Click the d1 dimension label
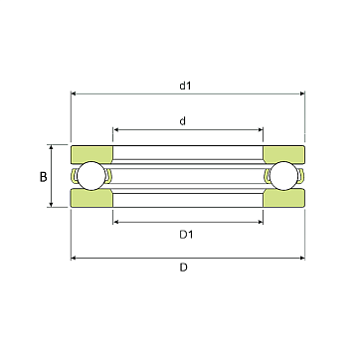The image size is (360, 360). pos(186,86)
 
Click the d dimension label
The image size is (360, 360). pos(183,121)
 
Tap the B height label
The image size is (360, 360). pos(44,177)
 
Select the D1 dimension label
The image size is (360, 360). pos(186,235)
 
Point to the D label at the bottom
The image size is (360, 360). pos(184,268)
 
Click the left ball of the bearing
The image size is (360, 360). pos(91,176)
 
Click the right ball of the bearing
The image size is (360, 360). pos(284,176)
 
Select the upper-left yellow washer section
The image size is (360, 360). pos(91,153)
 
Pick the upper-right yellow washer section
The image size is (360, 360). pos(284,153)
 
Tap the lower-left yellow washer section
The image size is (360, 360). pos(91,198)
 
